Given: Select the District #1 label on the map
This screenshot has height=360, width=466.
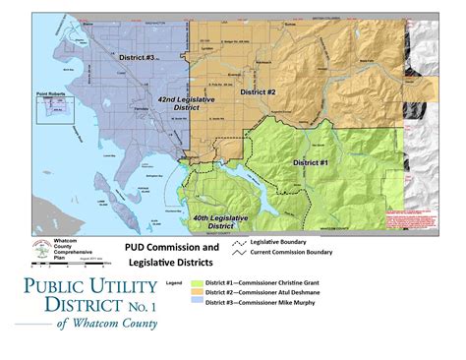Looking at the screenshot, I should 310,160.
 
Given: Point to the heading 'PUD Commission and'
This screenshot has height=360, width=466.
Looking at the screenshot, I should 171,247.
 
